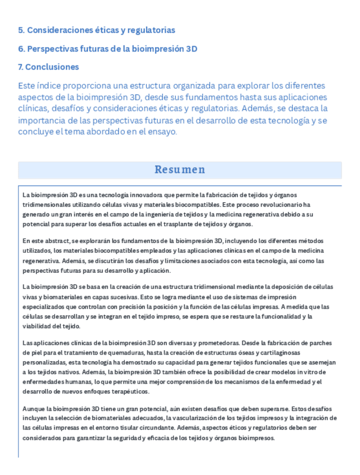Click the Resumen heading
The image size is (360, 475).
point(180,170)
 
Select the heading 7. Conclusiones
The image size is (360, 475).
point(48,67)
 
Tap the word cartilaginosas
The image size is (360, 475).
point(276,352)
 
